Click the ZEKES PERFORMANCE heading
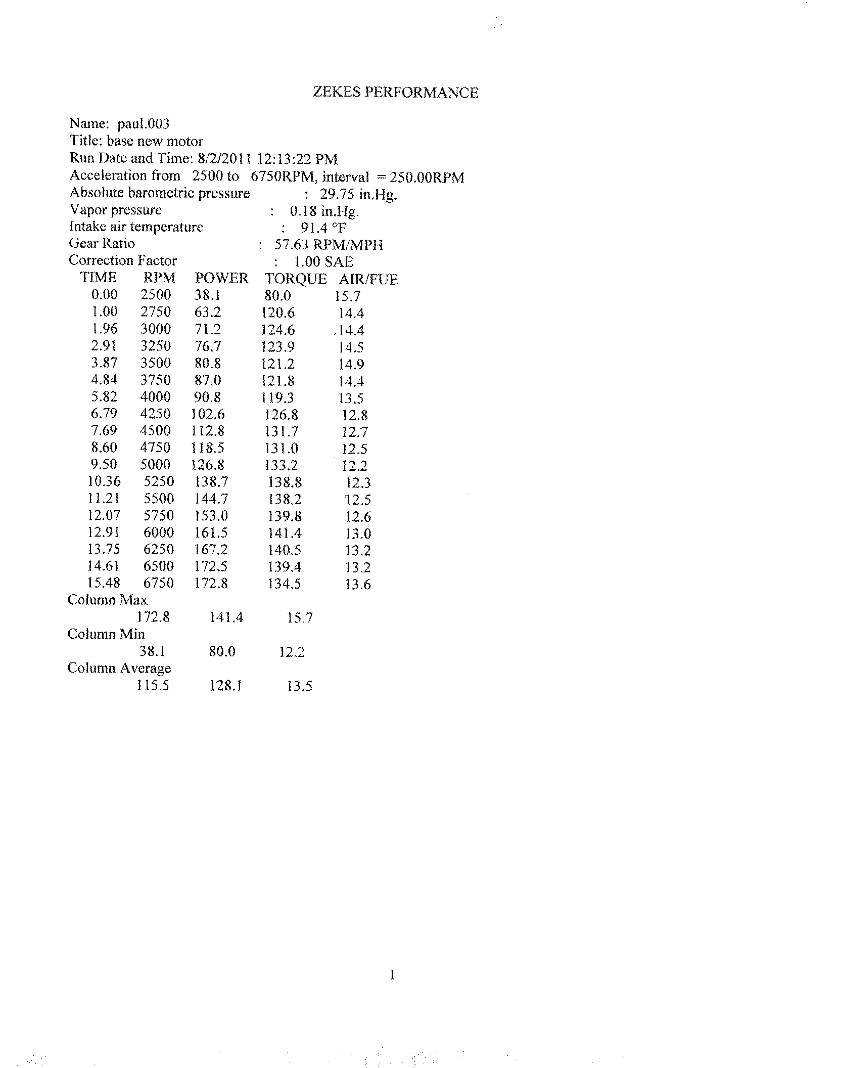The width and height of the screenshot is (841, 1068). tap(395, 93)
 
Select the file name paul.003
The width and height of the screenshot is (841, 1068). tap(144, 124)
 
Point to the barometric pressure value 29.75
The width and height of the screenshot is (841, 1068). tap(337, 195)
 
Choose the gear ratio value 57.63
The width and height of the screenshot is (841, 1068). tap(291, 245)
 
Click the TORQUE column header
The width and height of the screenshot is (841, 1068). tap(296, 279)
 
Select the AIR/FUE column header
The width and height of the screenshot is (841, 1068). tap(368, 280)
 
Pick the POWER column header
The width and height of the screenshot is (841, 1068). tap(222, 279)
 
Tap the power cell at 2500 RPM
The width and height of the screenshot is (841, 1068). tap(207, 295)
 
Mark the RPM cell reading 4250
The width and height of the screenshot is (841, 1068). tap(156, 414)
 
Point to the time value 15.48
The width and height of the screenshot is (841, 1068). tap(104, 583)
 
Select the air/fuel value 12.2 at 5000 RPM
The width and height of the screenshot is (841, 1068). tap(354, 466)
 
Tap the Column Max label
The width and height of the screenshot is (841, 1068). tap(107, 600)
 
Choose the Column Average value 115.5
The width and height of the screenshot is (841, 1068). tap(153, 686)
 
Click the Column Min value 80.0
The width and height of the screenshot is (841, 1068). tap(222, 652)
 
